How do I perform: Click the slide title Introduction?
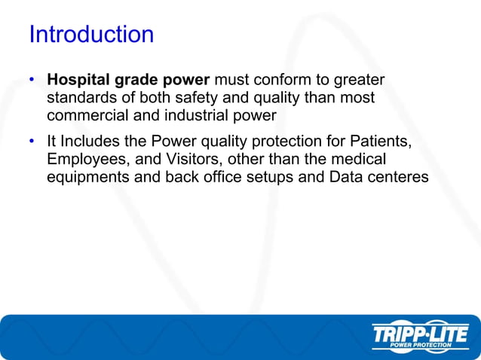90,35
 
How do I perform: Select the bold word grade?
134,80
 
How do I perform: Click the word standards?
81,97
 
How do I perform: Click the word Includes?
89,142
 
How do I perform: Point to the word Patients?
384,142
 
